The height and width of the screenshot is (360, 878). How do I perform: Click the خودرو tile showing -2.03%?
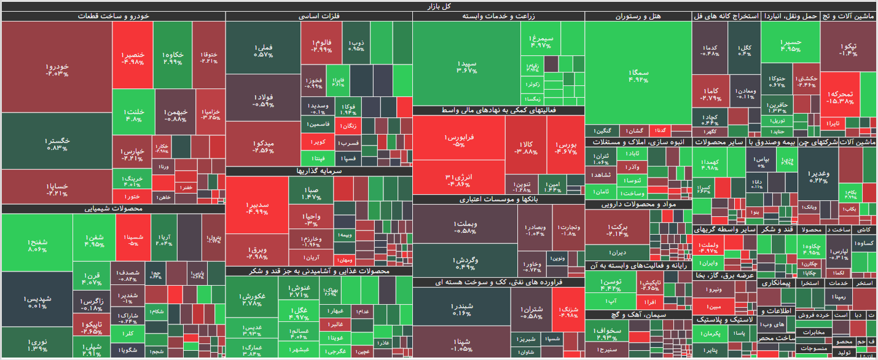pos(57,69)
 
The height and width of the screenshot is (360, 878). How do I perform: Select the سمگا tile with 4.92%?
pos(638,75)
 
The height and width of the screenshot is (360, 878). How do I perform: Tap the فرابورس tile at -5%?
pos(458,141)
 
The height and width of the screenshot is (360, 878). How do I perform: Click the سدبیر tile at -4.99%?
pos(257,208)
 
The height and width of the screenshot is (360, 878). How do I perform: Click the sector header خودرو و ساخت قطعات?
pos(113,17)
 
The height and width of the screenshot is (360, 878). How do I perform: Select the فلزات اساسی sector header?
pos(319,17)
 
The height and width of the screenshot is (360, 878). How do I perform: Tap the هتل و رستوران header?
pos(638,17)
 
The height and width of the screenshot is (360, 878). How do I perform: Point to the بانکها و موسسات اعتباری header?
pos(498,199)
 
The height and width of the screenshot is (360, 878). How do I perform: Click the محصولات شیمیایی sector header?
pos(113,209)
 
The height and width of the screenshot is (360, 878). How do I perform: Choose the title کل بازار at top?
pos(439,6)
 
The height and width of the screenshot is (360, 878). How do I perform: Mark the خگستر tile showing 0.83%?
pos(57,144)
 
